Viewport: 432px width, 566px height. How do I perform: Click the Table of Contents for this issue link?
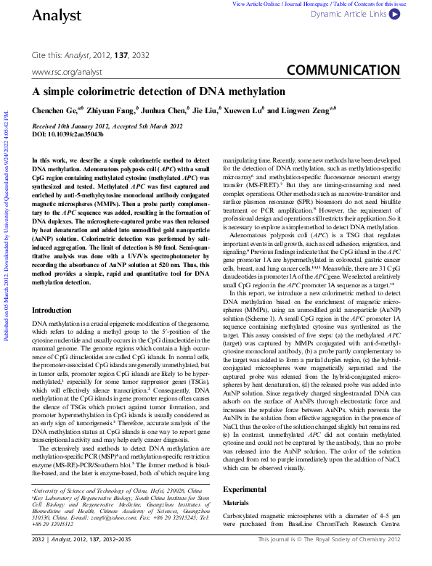click(383, 4)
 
